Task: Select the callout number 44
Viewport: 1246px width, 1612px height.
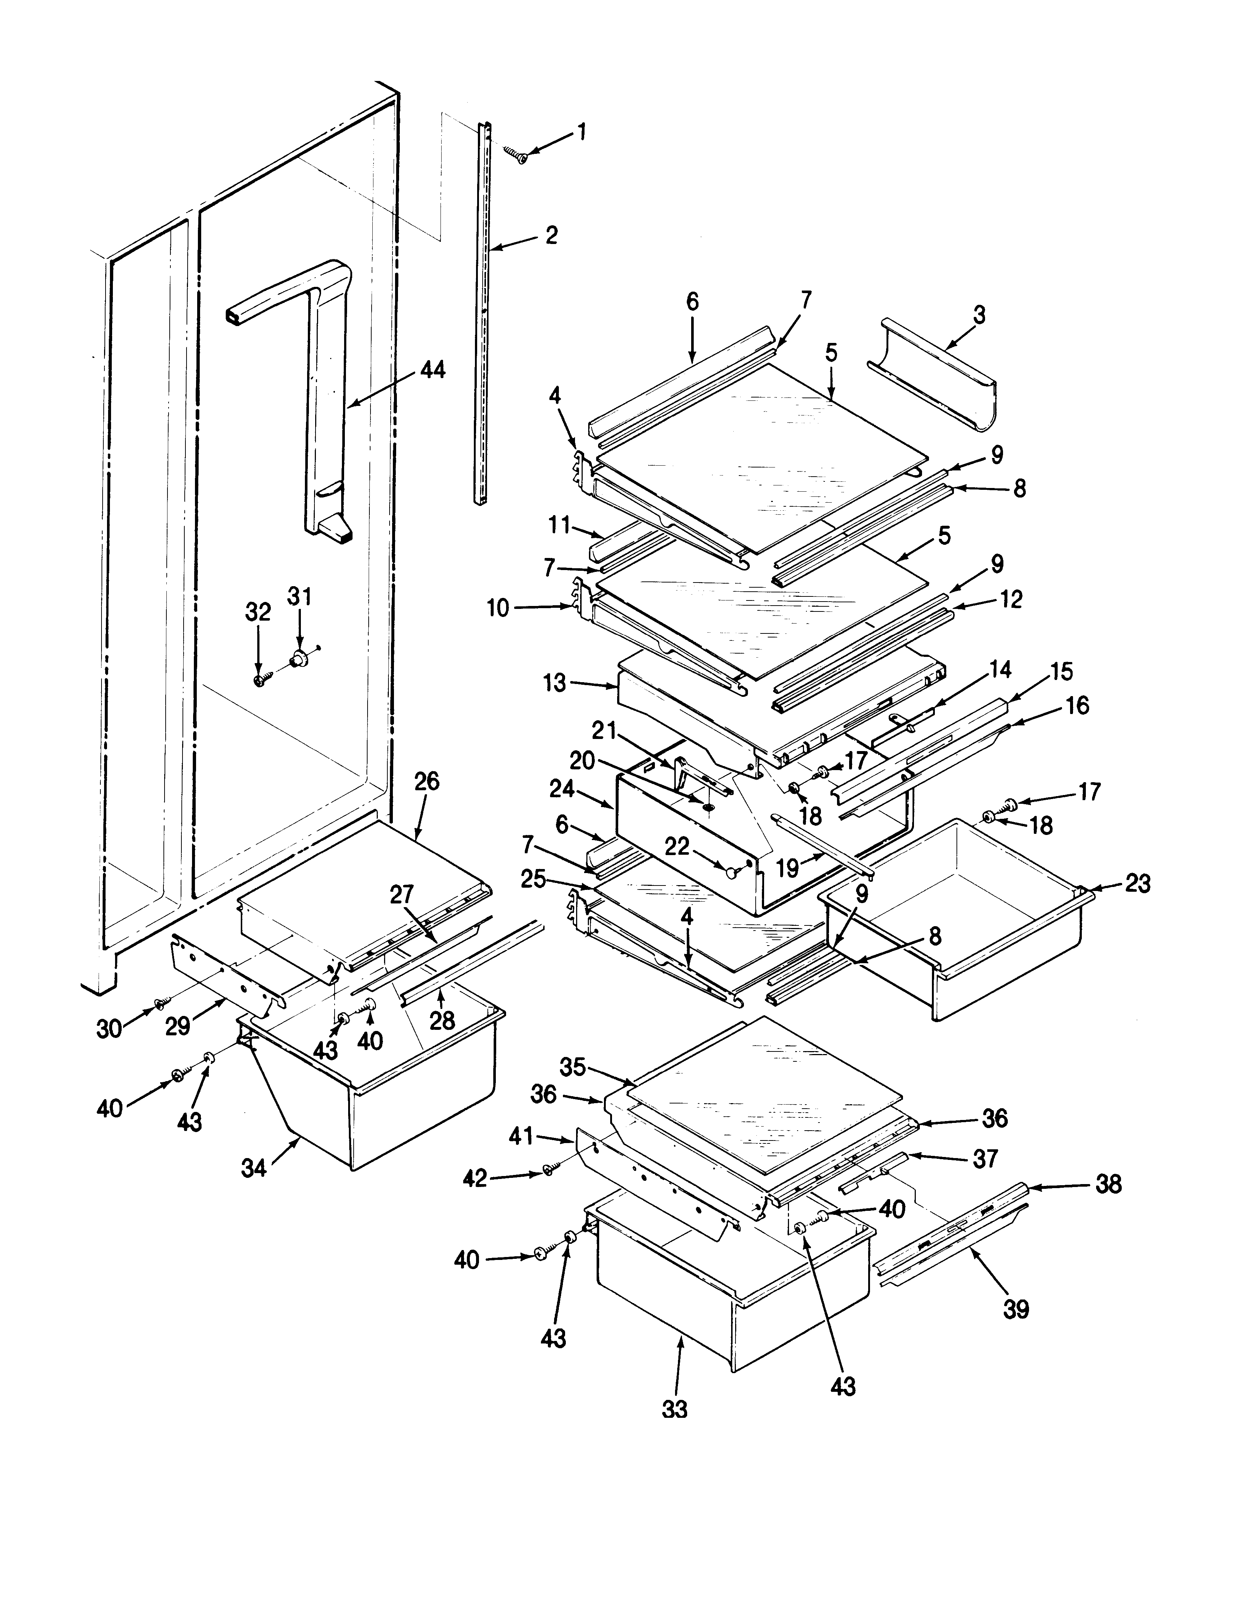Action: click(432, 370)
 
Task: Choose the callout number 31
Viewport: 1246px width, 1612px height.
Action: click(300, 596)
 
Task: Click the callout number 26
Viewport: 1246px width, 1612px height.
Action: click(427, 782)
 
